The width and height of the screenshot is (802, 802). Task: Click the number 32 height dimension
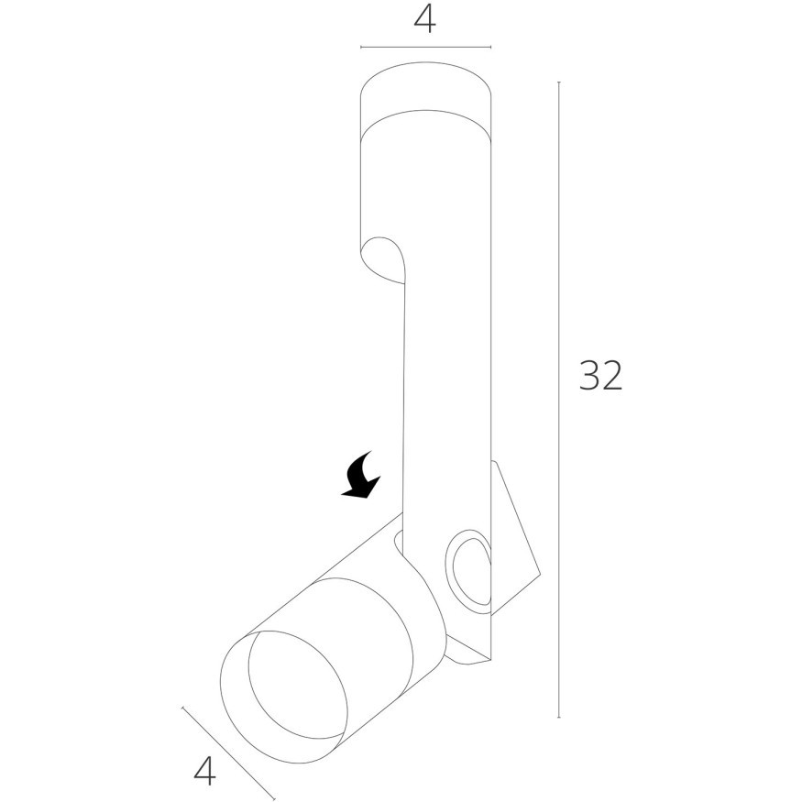[601, 375]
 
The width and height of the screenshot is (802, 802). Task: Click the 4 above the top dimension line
[425, 20]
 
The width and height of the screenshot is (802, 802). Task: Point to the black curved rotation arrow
[361, 474]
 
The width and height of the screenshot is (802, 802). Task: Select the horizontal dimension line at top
[425, 47]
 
